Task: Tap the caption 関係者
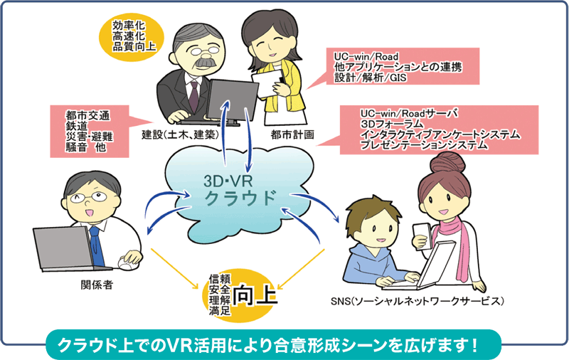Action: [97, 285]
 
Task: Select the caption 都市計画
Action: [292, 135]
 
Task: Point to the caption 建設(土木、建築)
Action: [181, 135]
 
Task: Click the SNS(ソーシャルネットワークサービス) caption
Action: [418, 301]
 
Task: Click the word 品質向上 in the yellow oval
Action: [134, 46]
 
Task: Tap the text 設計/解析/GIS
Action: [370, 78]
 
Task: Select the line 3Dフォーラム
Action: [392, 124]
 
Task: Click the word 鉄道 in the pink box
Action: [77, 126]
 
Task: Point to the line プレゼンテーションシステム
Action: [424, 145]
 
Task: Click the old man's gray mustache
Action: [206, 62]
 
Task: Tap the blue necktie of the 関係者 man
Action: [97, 246]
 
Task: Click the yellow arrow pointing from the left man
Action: [175, 268]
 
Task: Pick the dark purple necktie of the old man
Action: [194, 97]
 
